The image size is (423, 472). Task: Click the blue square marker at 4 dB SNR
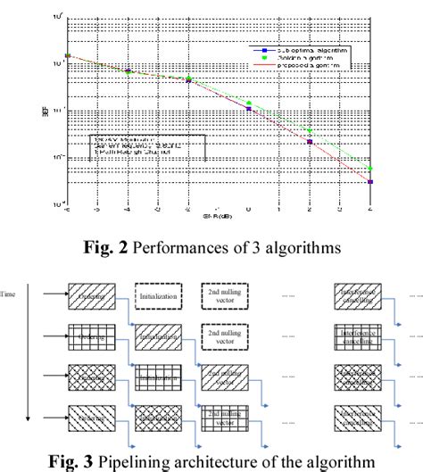370,182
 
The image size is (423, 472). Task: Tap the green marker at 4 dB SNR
370,169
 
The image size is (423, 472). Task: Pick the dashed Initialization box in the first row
162,293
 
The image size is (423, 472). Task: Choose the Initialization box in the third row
162,376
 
